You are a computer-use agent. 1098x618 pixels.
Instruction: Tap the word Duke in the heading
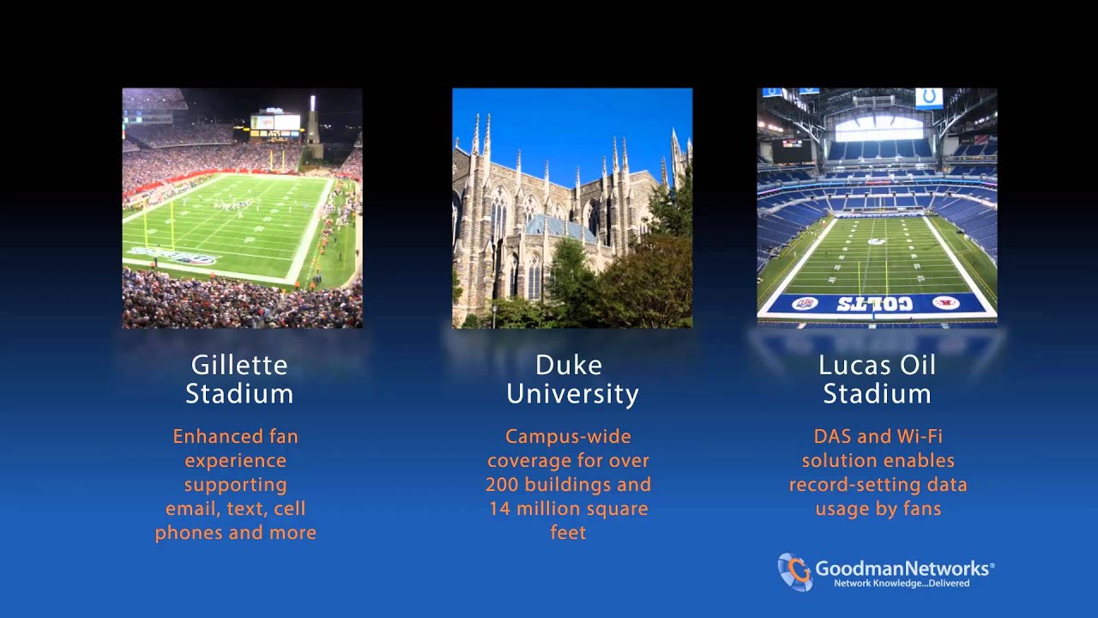click(568, 365)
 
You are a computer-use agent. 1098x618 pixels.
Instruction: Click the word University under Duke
click(572, 394)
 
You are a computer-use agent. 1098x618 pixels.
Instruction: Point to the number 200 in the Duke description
click(503, 484)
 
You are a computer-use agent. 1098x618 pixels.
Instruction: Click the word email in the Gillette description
click(189, 508)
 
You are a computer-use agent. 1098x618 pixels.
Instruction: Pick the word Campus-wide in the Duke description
click(568, 436)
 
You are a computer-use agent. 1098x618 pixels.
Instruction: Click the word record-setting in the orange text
click(854, 484)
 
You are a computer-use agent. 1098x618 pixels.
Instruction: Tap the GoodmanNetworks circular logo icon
click(794, 572)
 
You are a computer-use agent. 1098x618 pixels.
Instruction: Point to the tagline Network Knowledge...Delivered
click(902, 584)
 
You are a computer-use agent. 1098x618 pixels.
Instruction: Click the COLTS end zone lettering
click(874, 304)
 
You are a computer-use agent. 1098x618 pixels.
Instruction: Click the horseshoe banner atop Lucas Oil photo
click(928, 98)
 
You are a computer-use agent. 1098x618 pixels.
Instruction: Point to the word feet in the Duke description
click(568, 532)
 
